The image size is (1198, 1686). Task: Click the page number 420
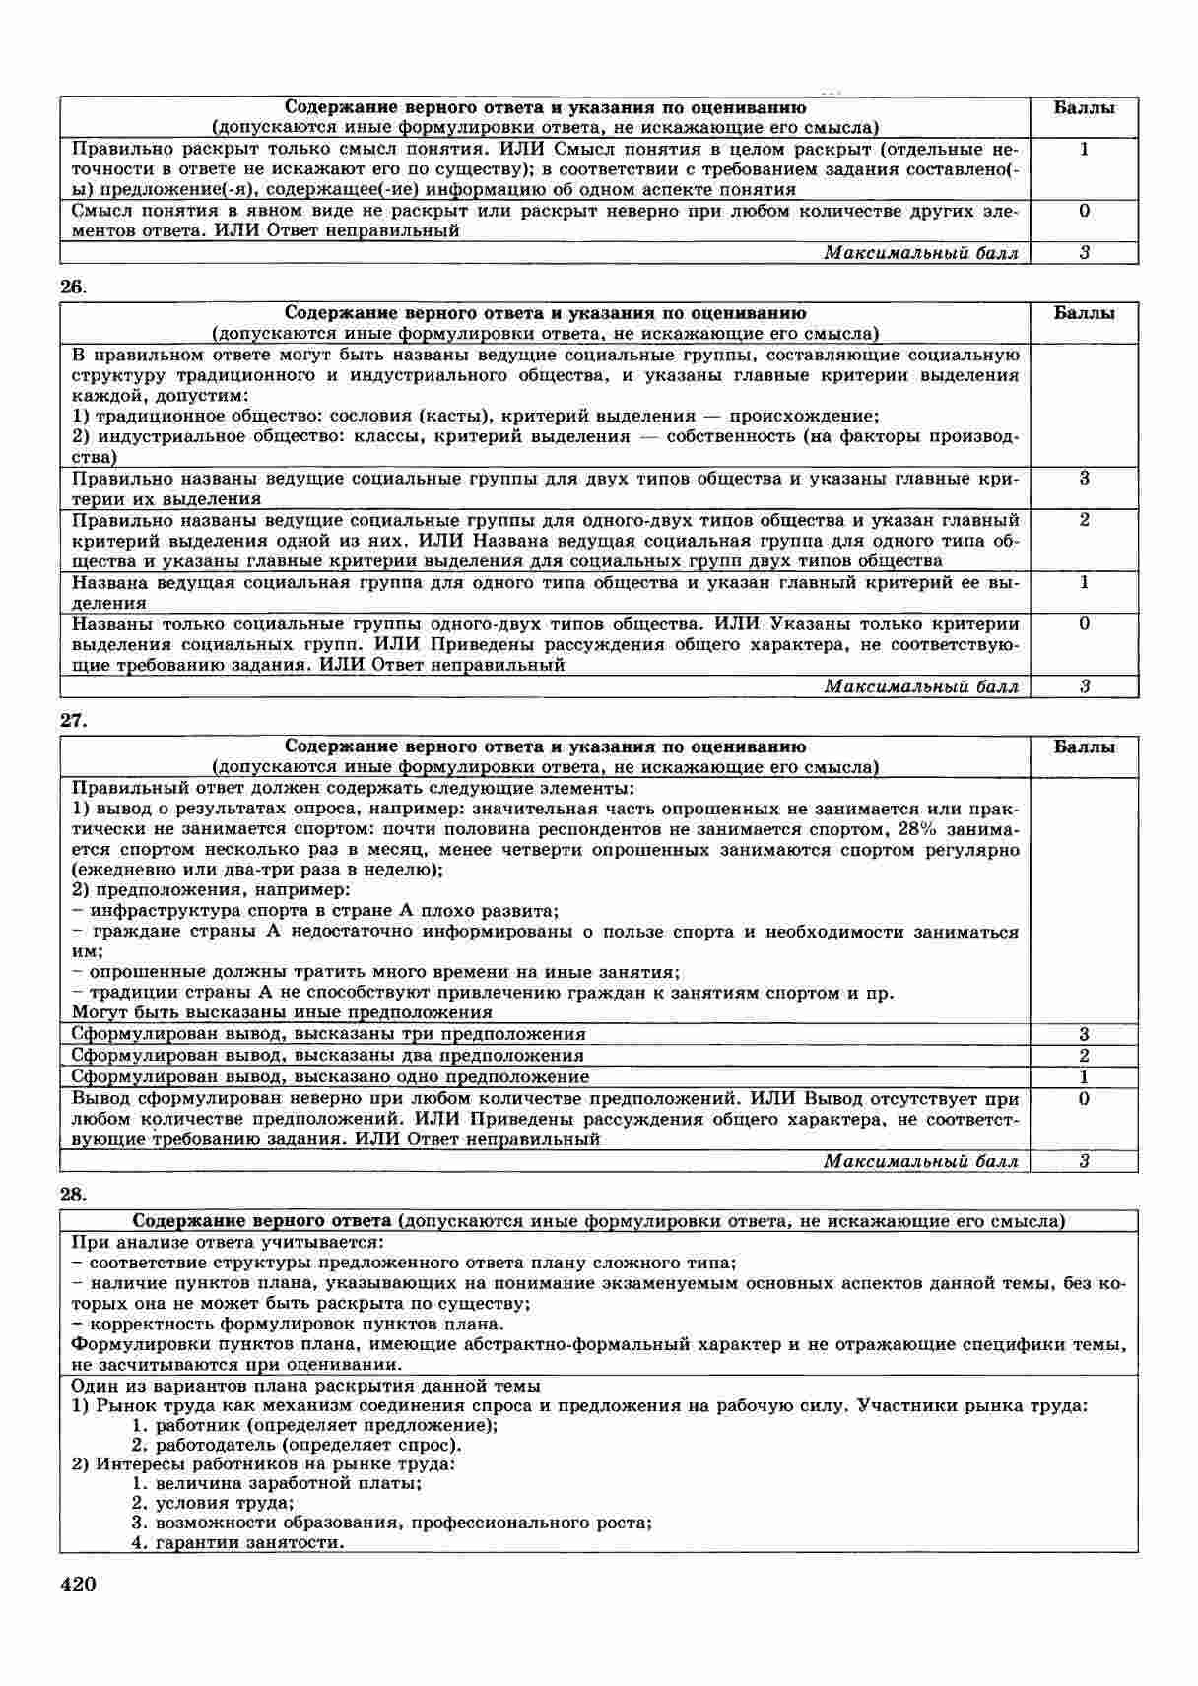pos(78,1585)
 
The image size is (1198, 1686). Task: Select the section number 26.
pos(74,288)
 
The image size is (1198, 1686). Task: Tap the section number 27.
pos(74,721)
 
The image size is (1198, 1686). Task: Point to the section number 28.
pos(74,1195)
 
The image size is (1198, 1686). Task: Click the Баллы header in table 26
pos(1084,314)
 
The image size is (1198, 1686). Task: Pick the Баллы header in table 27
pos(1084,747)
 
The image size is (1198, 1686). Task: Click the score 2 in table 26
pos(1084,520)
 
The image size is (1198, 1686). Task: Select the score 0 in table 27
pos(1084,1099)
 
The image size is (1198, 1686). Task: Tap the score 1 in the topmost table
pos(1084,150)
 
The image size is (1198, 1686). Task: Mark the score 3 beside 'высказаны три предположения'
pos(1084,1035)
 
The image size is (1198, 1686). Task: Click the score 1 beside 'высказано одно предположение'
pos(1084,1077)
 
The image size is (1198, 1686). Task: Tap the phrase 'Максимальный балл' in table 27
pos(920,1162)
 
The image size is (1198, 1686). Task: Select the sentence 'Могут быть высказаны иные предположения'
pos(282,1012)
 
